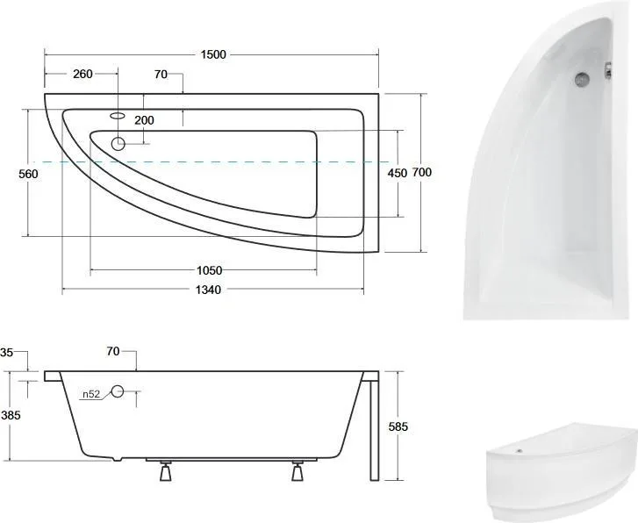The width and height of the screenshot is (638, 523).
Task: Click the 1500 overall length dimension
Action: click(213, 54)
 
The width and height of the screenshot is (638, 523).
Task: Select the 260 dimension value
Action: click(82, 74)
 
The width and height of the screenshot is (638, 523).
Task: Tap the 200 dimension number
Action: click(144, 120)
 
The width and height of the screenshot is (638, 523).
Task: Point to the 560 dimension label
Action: click(28, 175)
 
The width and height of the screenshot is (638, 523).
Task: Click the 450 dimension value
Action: click(398, 174)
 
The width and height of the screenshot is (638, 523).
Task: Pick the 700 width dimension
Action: click(422, 173)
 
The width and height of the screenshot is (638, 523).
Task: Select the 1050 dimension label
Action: click(210, 270)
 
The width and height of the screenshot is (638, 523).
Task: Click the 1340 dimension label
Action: click(208, 290)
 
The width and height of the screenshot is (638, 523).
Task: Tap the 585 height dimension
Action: click(398, 426)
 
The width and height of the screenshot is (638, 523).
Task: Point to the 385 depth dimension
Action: click(11, 415)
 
